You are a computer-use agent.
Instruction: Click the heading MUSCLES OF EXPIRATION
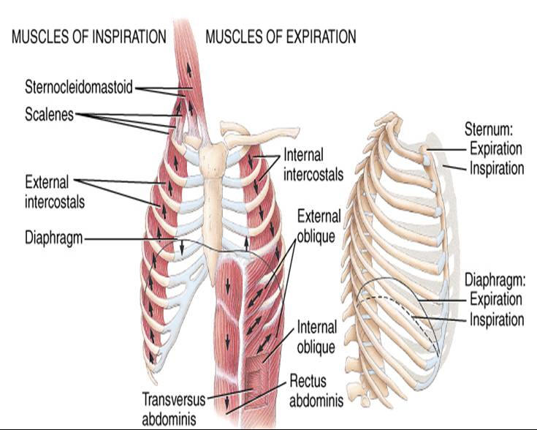(x=281, y=37)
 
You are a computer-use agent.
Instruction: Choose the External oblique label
(x=319, y=226)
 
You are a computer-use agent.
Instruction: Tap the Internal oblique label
(x=316, y=337)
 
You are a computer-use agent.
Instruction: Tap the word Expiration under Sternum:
(x=495, y=148)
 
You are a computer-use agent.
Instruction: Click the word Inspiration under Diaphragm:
(x=496, y=320)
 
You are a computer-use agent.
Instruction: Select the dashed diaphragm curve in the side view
(x=387, y=296)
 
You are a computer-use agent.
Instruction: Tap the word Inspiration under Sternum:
(x=496, y=167)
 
